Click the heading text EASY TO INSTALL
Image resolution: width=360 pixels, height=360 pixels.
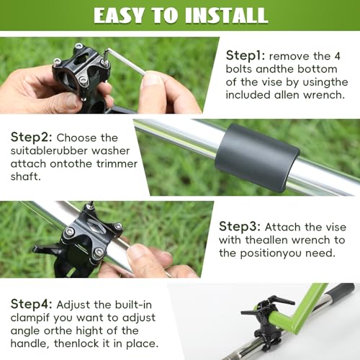(179, 14)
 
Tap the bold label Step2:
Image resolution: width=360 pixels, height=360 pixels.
(33, 138)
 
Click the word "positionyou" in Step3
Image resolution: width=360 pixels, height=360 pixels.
(288, 253)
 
